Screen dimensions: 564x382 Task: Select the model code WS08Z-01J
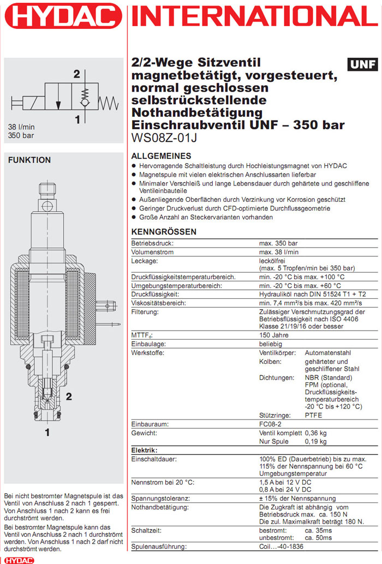click(164, 138)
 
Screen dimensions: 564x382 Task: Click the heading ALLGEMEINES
click(161, 155)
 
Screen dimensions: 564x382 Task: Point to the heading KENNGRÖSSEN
click(164, 232)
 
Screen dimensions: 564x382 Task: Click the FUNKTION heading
click(29, 160)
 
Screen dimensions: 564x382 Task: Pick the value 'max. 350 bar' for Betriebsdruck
click(279, 242)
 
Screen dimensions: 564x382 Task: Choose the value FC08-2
click(271, 424)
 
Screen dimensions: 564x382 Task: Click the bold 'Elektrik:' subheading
click(145, 450)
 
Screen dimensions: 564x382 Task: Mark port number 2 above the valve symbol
click(77, 74)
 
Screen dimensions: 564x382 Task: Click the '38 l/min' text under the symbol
click(22, 127)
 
